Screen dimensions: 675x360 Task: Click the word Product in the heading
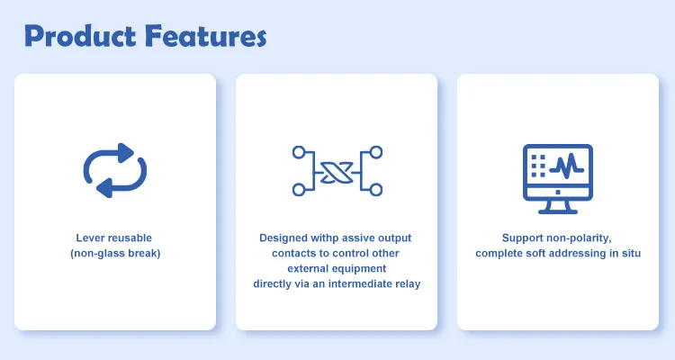point(80,36)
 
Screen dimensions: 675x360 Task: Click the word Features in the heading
point(206,36)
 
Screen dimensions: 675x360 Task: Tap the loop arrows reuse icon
point(115,170)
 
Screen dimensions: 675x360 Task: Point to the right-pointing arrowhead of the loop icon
point(125,152)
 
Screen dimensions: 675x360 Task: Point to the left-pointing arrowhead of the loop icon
point(104,188)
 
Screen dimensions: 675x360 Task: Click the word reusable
point(129,238)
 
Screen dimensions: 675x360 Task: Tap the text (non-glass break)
point(115,253)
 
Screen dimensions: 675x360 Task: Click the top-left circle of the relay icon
point(299,152)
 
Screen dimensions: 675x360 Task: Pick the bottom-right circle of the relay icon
point(376,190)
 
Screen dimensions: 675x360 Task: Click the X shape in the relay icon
point(337,172)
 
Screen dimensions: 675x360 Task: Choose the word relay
point(409,284)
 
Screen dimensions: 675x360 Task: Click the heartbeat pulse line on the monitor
point(566,166)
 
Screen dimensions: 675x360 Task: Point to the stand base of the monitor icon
point(558,211)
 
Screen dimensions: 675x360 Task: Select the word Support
point(521,238)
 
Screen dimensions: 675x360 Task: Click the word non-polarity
point(578,238)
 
